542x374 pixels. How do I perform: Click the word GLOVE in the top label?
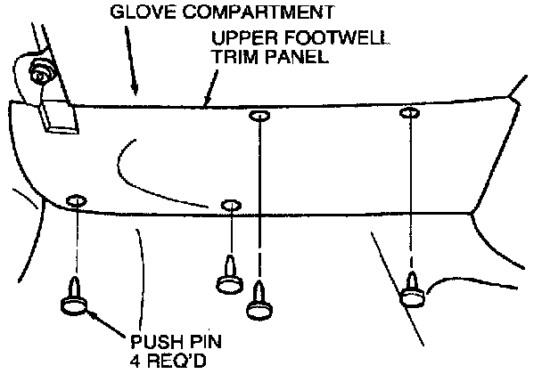(135, 12)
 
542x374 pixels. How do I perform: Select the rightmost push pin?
(412, 291)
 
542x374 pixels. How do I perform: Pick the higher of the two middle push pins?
(230, 276)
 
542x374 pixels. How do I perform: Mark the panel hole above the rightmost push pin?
(410, 113)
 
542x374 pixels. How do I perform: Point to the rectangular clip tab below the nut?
(55, 118)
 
